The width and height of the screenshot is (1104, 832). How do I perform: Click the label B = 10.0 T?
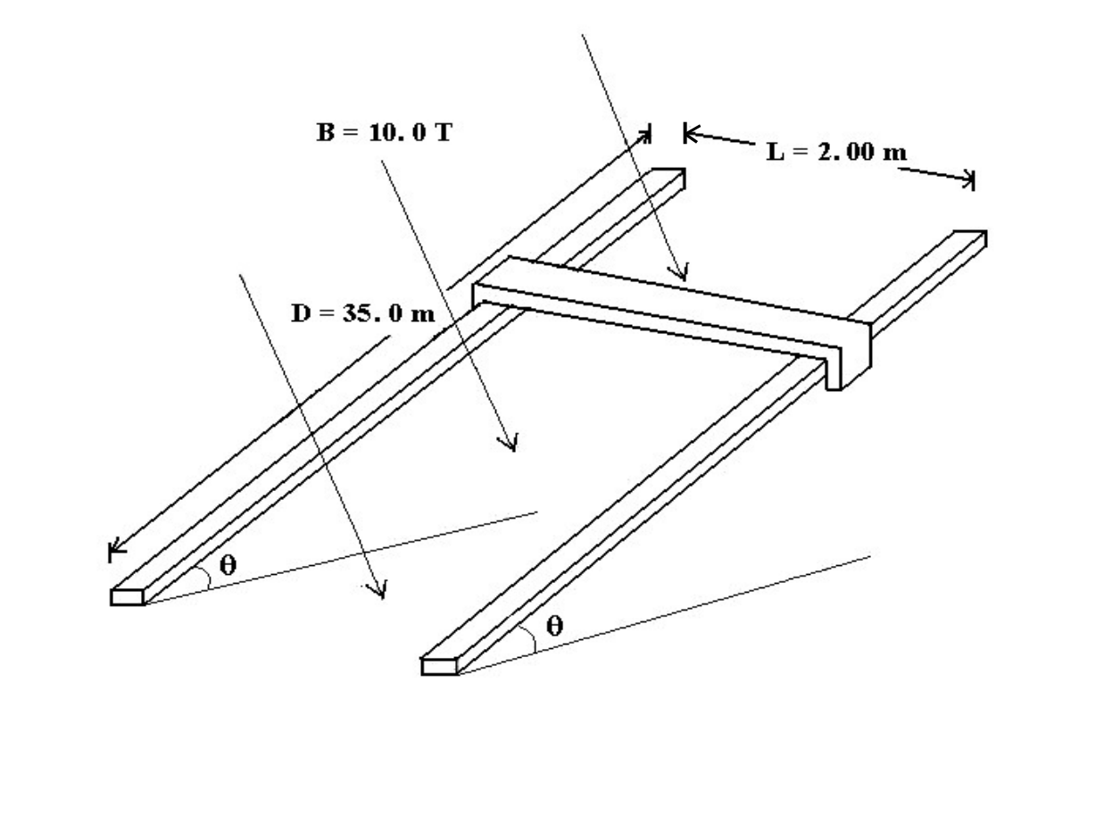click(385, 133)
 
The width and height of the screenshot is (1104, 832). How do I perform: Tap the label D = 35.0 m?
click(363, 313)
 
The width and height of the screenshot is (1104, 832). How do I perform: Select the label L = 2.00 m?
click(836, 152)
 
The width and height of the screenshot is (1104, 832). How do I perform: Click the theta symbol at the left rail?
click(228, 565)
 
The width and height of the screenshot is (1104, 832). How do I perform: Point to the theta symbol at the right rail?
click(554, 627)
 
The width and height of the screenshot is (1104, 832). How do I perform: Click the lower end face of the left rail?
click(128, 597)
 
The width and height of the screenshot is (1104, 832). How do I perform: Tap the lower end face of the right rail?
click(439, 667)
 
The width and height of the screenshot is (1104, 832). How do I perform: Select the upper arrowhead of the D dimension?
click(646, 134)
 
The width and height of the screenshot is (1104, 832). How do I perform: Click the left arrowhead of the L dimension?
click(689, 134)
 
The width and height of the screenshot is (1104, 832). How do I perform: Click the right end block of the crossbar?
click(850, 355)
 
